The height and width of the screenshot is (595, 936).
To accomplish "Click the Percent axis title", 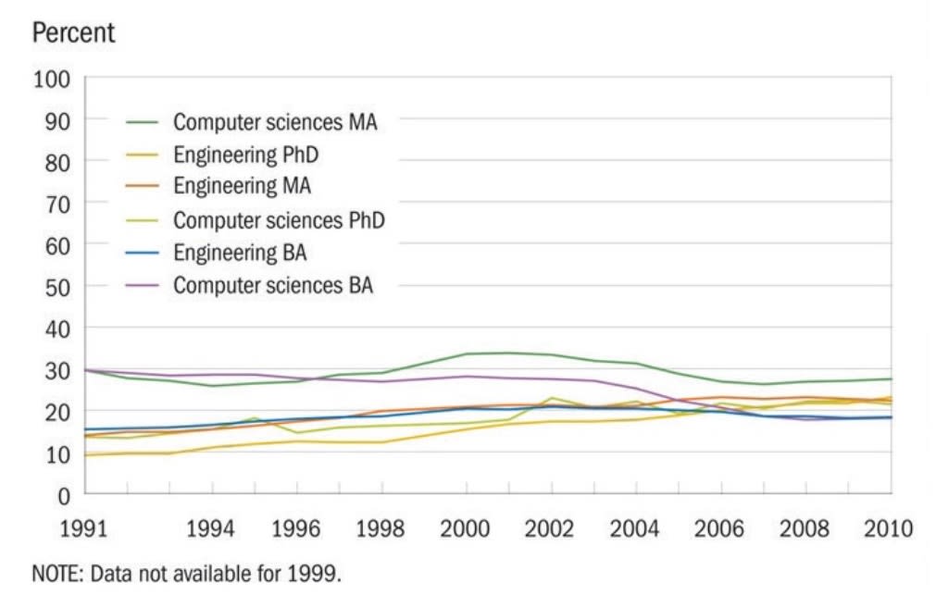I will click(74, 33).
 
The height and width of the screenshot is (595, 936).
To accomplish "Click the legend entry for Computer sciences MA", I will click(275, 122).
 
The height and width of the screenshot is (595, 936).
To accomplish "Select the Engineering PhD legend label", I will click(245, 154).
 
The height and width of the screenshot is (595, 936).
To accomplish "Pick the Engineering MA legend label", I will click(242, 186).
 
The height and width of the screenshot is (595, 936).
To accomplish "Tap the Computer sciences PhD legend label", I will click(279, 220).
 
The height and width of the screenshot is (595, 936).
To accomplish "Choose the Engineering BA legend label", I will click(240, 252).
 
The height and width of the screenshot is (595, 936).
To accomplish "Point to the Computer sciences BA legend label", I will click(273, 285).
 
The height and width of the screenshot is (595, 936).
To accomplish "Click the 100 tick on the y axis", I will click(52, 79).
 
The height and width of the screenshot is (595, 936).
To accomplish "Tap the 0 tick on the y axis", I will click(63, 494).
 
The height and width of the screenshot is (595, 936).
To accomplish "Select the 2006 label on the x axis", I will click(718, 529).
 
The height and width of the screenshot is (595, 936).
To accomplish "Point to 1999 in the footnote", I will click(315, 574).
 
